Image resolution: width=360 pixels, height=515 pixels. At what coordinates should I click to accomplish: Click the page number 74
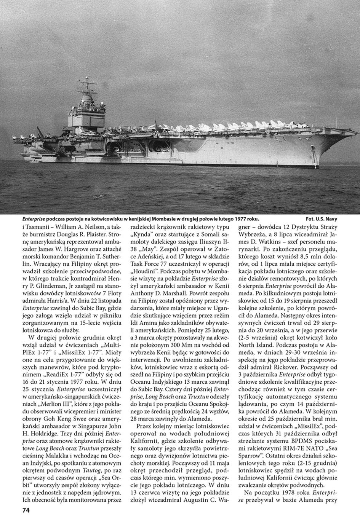[22, 510]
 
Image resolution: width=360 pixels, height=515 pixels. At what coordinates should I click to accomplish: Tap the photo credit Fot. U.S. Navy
[322, 219]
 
